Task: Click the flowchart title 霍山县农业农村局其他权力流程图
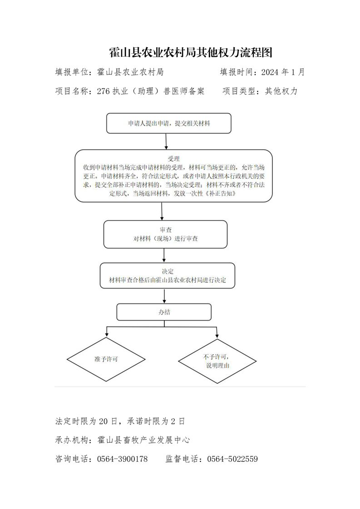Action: [190, 52]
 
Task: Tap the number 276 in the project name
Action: [104, 91]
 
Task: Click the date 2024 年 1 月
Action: [283, 72]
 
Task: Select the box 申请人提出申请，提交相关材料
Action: [169, 123]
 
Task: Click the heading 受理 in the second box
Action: [173, 159]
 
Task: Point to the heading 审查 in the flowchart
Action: [165, 230]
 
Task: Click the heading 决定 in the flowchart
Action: [168, 271]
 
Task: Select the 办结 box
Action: [164, 312]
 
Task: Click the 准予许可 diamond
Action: [106, 359]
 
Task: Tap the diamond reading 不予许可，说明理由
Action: [217, 361]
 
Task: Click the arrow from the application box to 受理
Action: [166, 142]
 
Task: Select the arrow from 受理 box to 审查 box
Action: [162, 211]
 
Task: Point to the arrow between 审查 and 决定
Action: [164, 255]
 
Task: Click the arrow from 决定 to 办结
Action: [164, 296]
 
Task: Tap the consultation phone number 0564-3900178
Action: [122, 459]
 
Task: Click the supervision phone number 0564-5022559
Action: [232, 459]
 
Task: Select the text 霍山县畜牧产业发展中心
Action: [143, 440]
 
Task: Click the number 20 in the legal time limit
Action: [103, 421]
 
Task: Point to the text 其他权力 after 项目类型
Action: [281, 91]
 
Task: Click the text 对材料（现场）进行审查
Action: [165, 239]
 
